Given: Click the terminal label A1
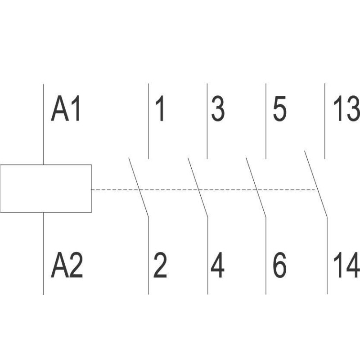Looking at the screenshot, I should coord(66,110).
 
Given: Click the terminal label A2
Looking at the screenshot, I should coord(67,266).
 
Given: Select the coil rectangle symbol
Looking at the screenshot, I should coord(45,188).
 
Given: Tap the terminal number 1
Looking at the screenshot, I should coord(159,110).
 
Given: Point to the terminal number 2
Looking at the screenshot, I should coord(160,266).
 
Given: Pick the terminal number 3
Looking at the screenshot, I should coord(218,110).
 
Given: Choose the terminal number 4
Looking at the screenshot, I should coord(218,266).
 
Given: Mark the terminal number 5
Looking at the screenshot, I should coord(279,110).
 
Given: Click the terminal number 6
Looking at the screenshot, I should coord(279,266).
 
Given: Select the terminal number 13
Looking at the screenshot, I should coord(346,110).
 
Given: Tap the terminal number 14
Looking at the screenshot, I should coord(346,266).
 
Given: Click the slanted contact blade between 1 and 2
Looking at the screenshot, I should coord(139,187).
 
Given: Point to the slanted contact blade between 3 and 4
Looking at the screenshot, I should coord(198,187).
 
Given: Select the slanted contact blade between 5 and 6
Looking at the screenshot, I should coord(256,187).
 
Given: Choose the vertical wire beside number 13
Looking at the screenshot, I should coord(325,121).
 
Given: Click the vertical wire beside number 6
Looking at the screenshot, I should coord(266,256).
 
